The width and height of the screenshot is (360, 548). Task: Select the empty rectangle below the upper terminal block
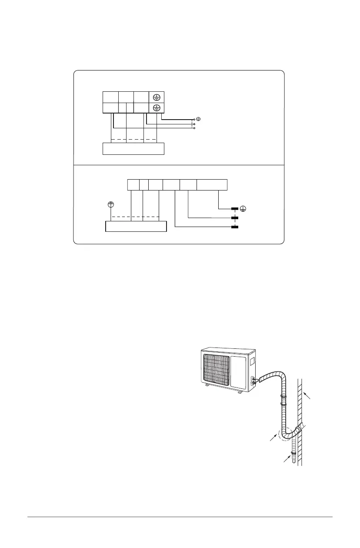point(133,149)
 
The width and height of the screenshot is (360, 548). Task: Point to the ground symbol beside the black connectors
point(244,210)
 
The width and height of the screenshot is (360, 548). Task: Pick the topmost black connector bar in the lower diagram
point(235,210)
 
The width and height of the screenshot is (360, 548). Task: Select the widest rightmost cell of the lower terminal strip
point(212,184)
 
